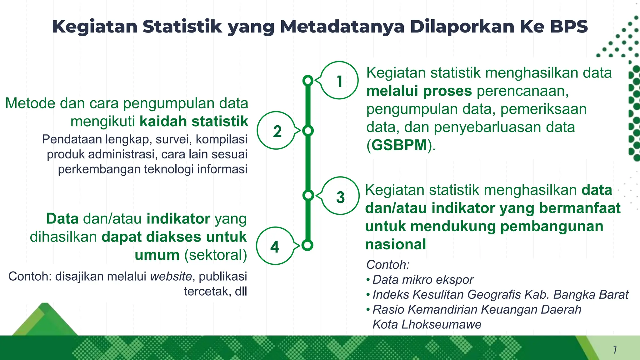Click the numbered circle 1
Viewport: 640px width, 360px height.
(x=339, y=81)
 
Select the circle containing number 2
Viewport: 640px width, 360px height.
(x=276, y=131)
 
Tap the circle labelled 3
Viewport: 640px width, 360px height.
(x=340, y=196)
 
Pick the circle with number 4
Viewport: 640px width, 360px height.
(x=275, y=246)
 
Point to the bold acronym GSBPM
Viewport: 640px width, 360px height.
(x=399, y=145)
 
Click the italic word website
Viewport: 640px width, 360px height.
(x=171, y=276)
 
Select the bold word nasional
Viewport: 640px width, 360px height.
(x=396, y=244)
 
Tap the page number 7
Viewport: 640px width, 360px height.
(x=615, y=350)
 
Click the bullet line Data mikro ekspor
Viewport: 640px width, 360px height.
(x=423, y=280)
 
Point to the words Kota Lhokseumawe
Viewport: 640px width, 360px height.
(x=427, y=324)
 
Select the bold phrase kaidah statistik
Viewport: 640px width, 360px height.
(x=194, y=121)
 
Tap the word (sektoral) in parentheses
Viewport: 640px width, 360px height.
(x=216, y=255)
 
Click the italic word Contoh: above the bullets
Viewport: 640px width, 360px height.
(x=388, y=265)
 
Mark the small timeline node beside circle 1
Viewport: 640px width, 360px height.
(x=308, y=81)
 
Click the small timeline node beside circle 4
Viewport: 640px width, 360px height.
(x=307, y=245)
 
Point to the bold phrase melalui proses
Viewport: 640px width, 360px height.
(x=419, y=91)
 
